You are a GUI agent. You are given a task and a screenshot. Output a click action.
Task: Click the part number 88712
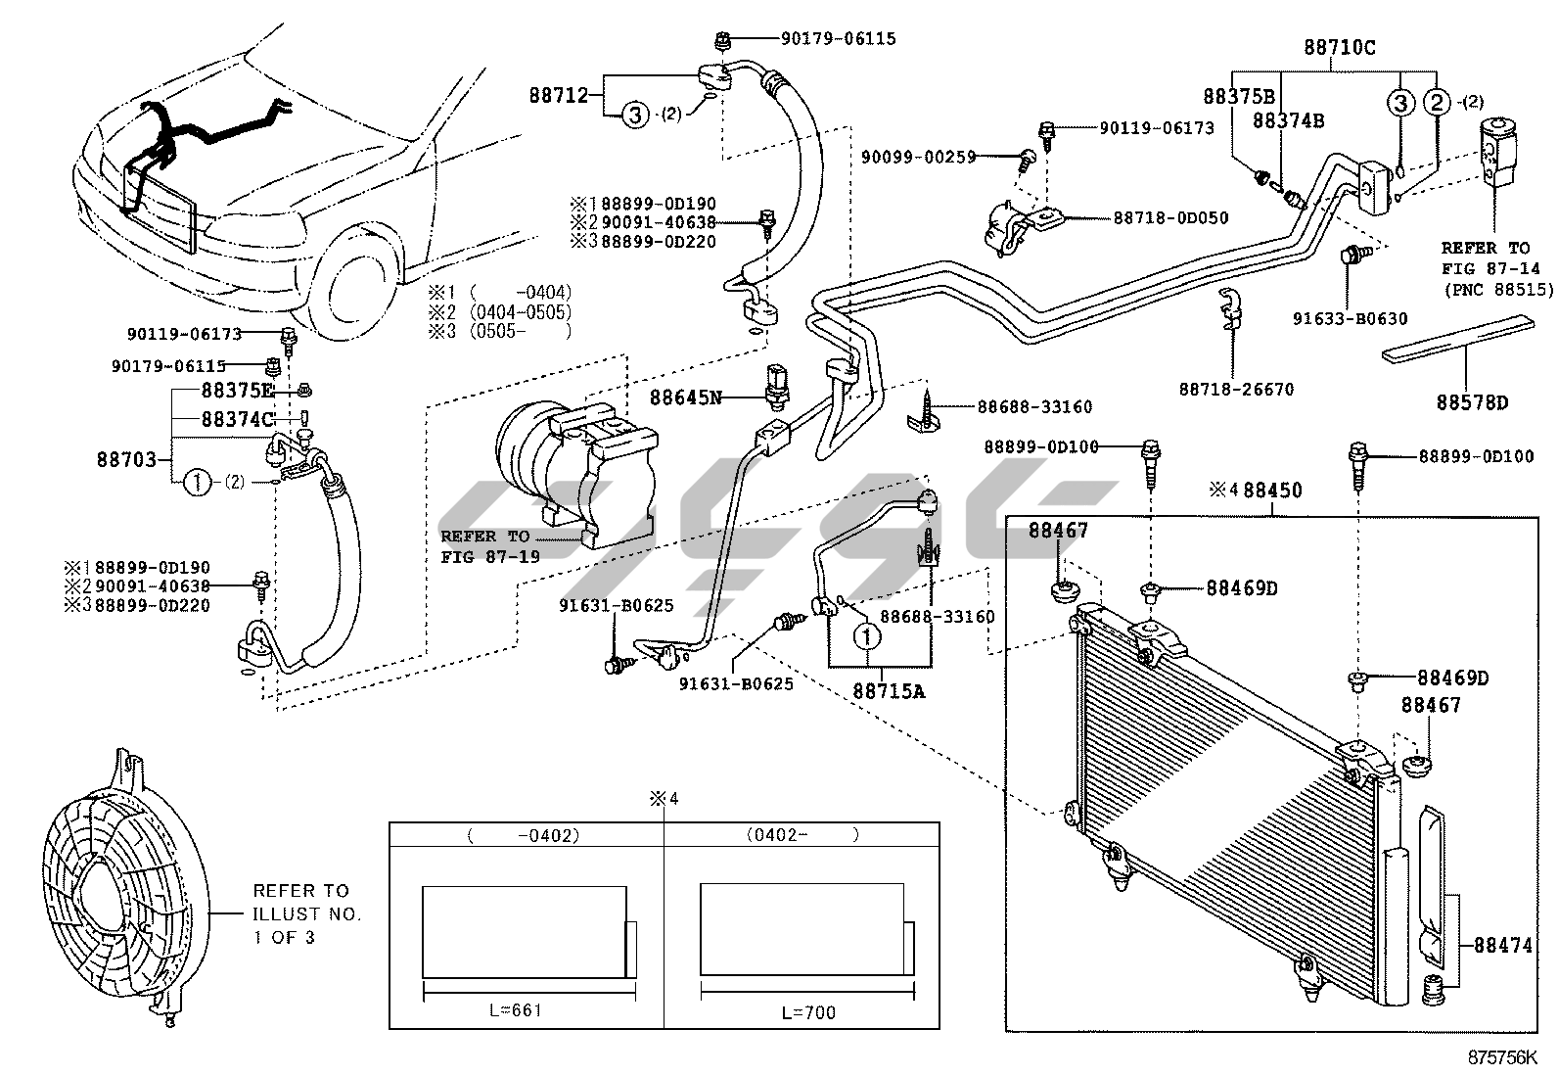pyautogui.click(x=559, y=95)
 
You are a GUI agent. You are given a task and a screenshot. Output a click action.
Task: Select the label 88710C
pyautogui.click(x=1339, y=46)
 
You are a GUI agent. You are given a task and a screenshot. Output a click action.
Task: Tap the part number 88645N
pyautogui.click(x=686, y=397)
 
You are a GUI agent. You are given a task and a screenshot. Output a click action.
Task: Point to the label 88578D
pyautogui.click(x=1472, y=401)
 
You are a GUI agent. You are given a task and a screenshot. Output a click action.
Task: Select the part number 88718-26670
pyautogui.click(x=1236, y=389)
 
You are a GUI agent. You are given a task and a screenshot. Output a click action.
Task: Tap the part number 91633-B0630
pyautogui.click(x=1350, y=317)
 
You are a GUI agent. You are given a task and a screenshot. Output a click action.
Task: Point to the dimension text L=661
pyautogui.click(x=516, y=1010)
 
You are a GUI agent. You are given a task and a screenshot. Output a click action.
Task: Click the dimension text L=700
pyautogui.click(x=808, y=1011)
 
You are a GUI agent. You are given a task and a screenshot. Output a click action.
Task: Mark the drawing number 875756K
pyautogui.click(x=1502, y=1058)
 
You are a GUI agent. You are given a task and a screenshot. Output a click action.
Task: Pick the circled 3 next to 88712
pyautogui.click(x=634, y=115)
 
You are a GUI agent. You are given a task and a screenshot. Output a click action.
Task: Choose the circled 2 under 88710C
pyautogui.click(x=1437, y=101)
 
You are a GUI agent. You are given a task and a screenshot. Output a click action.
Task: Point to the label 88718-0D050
pyautogui.click(x=1170, y=217)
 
